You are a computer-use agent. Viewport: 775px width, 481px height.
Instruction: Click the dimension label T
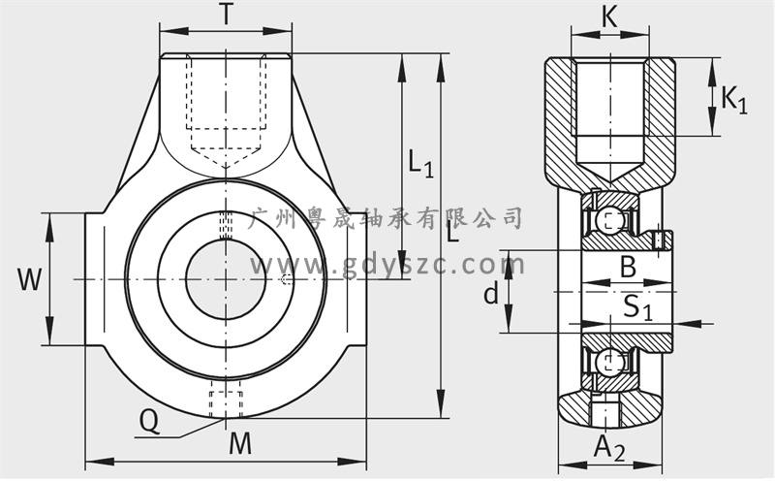point(226,15)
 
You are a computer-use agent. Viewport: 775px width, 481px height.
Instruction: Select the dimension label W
point(30,279)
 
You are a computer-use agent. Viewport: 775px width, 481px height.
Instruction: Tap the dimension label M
point(240,443)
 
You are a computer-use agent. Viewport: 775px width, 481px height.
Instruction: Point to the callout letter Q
point(149,422)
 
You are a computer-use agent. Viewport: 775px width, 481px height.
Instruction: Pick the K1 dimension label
point(734,100)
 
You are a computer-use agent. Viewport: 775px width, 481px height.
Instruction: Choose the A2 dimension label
point(609,448)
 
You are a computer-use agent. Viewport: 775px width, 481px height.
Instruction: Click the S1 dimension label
point(637,307)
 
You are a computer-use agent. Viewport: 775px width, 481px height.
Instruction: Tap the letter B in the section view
point(628,267)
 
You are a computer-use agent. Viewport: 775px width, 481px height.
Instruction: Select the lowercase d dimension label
point(491,294)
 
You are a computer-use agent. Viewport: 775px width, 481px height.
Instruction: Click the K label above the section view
point(609,16)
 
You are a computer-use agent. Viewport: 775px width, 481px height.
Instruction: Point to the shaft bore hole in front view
point(226,279)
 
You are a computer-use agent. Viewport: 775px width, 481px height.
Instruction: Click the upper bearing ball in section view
point(607,219)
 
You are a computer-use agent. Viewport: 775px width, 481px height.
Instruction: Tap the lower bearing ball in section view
point(607,363)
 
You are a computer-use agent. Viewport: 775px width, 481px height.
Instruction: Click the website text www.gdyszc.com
point(387,266)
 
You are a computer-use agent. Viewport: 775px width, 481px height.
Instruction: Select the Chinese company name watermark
point(387,218)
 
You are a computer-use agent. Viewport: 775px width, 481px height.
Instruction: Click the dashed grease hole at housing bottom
point(226,400)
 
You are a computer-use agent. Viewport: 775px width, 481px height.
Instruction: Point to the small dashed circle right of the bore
point(284,280)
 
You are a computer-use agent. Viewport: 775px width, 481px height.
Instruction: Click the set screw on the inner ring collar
point(658,241)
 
